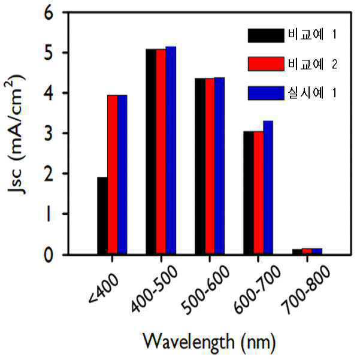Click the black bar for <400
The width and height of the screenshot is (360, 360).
[102, 216]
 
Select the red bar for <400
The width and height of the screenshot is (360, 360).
[113, 175]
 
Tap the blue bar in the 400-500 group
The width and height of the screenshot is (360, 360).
[171, 150]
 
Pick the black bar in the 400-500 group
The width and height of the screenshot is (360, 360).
[151, 152]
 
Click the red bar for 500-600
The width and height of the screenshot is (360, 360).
[210, 167]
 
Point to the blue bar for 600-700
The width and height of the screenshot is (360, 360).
[268, 187]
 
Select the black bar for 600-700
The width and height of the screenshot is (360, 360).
[249, 193]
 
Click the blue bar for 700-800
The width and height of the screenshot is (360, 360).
[317, 252]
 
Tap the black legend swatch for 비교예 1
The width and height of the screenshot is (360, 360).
[266, 35]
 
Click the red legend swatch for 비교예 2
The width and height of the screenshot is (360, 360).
[266, 64]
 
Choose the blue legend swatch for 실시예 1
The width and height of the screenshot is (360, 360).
[266, 93]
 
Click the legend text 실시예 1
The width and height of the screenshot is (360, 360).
[312, 93]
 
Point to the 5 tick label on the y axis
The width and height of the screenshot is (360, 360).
[49, 53]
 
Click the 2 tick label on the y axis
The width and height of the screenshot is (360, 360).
[49, 173]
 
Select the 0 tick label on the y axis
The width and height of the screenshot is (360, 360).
[49, 255]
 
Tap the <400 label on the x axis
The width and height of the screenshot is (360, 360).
[104, 289]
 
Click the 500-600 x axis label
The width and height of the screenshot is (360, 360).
[205, 290]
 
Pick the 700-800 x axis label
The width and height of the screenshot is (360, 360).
[306, 290]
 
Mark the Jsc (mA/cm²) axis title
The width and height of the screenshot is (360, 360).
[16, 135]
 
